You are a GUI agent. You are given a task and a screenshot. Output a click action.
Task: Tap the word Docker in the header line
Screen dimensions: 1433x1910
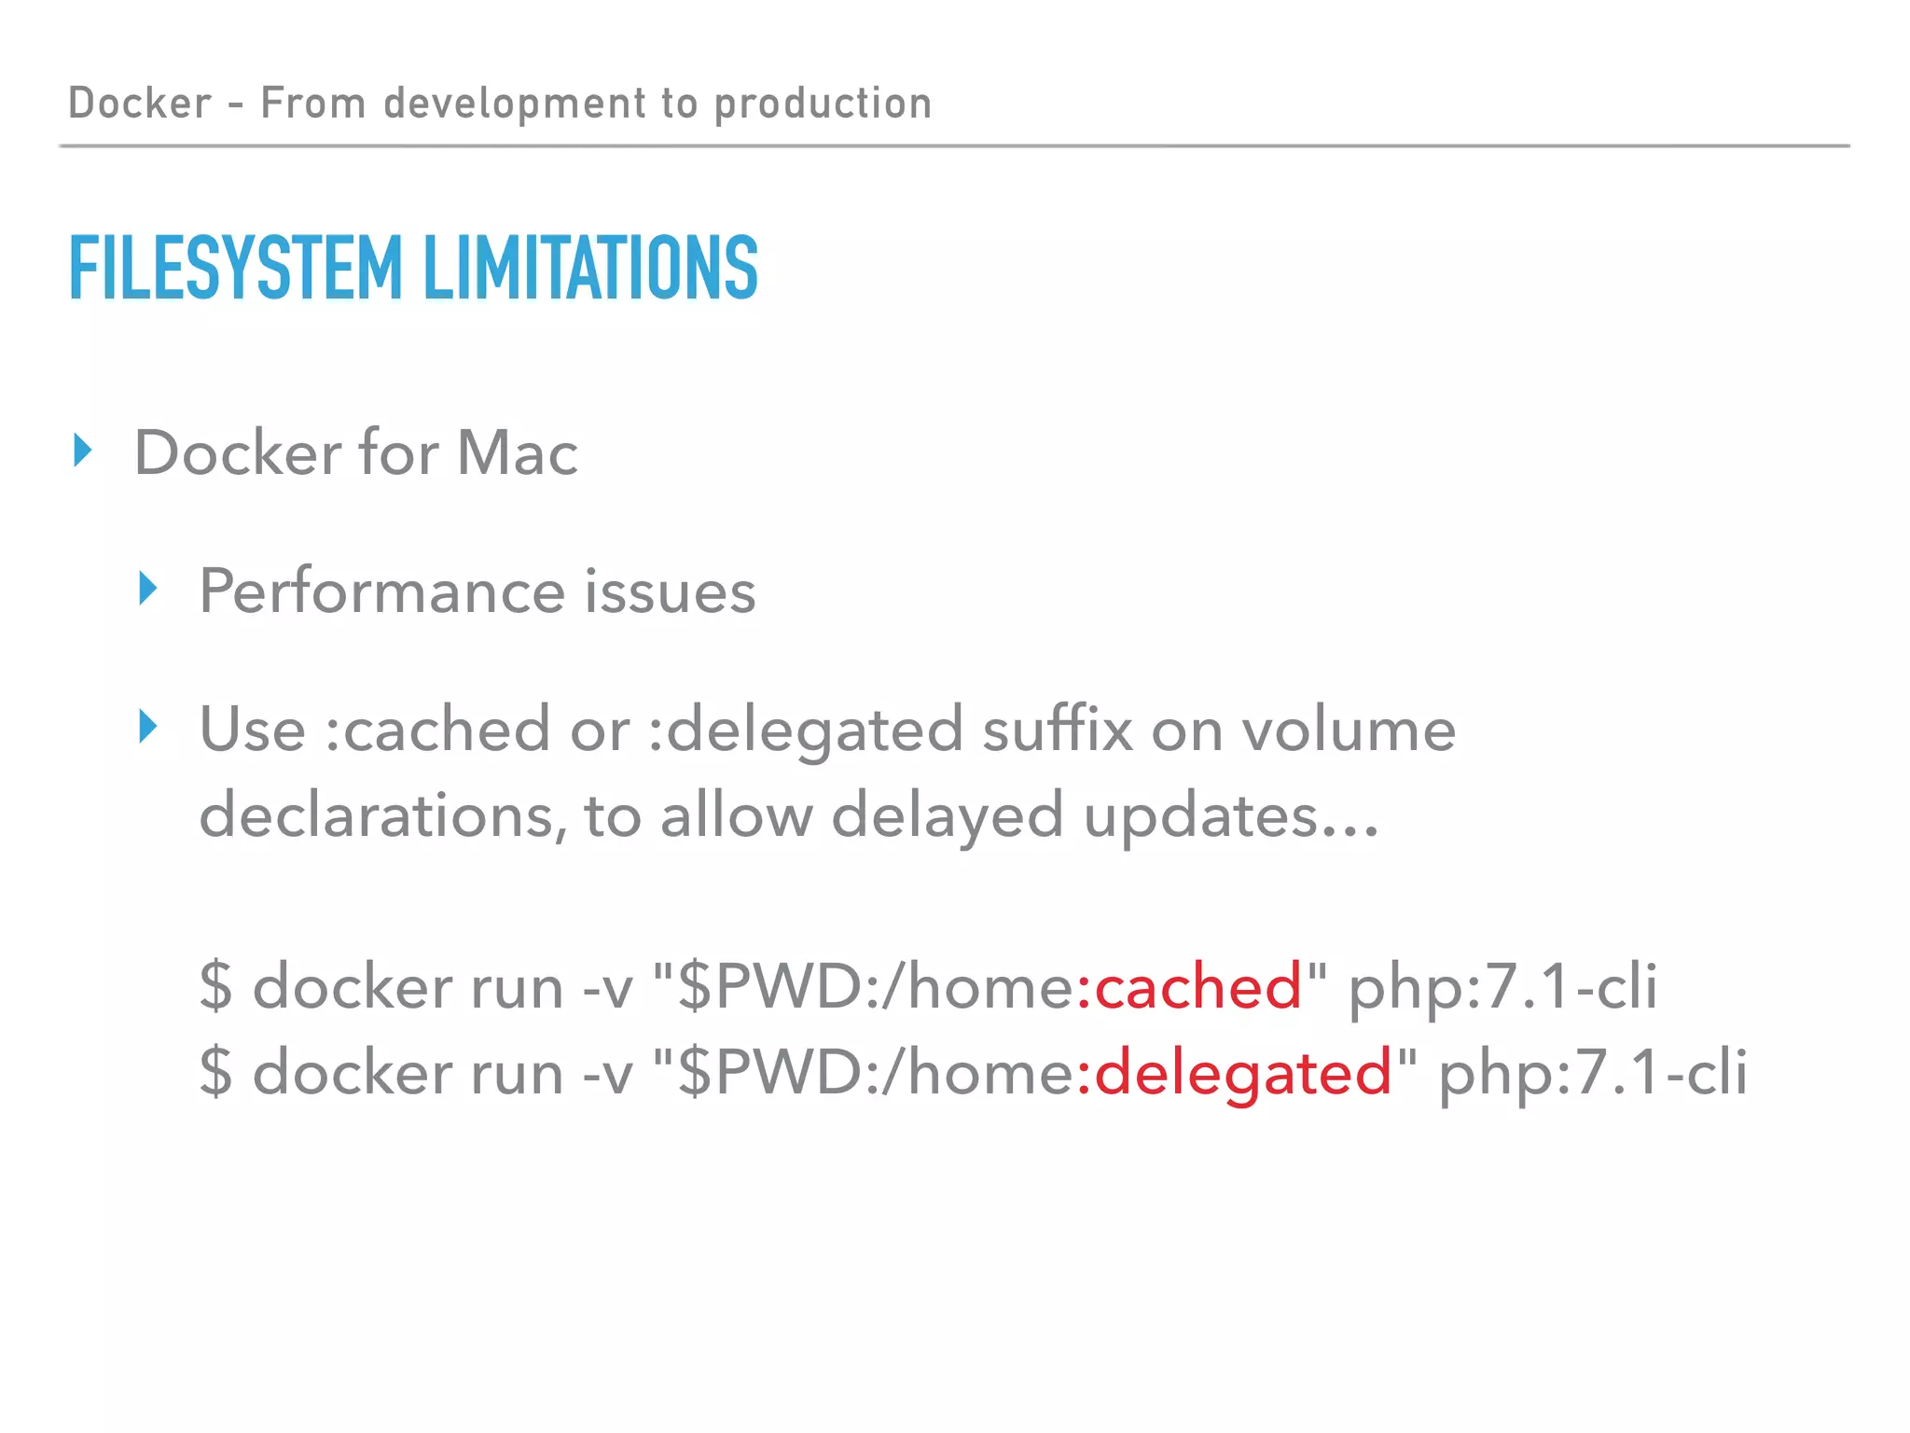click(x=140, y=103)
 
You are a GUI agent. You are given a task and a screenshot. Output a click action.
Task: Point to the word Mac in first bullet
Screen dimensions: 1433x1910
click(x=518, y=453)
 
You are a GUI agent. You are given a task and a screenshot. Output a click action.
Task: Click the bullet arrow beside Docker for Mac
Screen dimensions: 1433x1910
click(x=84, y=451)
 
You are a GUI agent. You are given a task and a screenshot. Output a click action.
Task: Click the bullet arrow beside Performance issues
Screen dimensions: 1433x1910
click(x=148, y=589)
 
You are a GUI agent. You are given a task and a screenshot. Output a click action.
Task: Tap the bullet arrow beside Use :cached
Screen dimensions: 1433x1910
click(x=148, y=726)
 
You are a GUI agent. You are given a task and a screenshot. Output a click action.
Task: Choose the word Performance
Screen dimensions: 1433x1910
click(x=381, y=592)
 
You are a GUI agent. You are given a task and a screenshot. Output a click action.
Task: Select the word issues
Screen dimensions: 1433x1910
click(x=670, y=591)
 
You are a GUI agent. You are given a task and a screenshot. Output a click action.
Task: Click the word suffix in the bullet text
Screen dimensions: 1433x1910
click(x=1058, y=729)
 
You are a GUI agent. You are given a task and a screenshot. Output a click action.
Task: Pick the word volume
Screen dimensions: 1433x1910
click(x=1349, y=729)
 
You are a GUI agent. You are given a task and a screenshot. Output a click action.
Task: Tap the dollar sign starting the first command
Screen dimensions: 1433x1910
click(x=215, y=986)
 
